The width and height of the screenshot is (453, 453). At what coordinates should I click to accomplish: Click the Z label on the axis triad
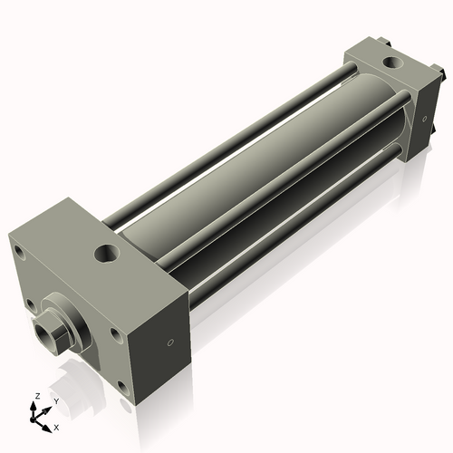(37, 396)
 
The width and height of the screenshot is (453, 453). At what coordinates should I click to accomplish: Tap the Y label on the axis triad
(56, 401)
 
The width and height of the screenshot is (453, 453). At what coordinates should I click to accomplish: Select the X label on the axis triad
(56, 428)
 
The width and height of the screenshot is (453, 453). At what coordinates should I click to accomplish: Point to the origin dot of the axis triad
(33, 419)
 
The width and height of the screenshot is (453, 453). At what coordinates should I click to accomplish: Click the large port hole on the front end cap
(107, 254)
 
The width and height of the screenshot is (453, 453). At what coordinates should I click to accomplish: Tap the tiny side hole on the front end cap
(170, 342)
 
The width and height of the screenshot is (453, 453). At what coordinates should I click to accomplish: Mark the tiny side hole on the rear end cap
(425, 119)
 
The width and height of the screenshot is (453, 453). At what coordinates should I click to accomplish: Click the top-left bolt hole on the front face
(19, 252)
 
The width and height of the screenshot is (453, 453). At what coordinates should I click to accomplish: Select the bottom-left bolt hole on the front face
(31, 305)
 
